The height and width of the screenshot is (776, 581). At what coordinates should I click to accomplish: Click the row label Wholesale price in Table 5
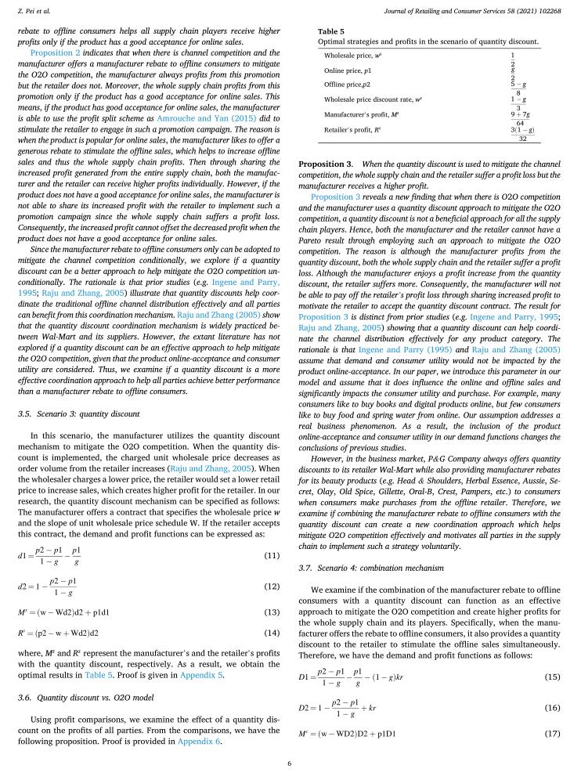tap(352, 56)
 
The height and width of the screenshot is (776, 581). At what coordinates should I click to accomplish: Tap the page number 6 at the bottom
tap(290, 763)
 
